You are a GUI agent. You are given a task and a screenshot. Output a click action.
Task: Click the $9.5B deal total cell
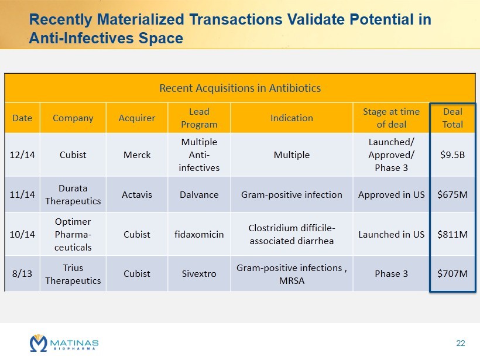(x=452, y=155)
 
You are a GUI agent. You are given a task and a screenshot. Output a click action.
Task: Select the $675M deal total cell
(x=452, y=194)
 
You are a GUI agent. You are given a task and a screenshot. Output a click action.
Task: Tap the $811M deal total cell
(x=452, y=234)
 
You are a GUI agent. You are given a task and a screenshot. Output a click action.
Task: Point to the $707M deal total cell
(x=452, y=273)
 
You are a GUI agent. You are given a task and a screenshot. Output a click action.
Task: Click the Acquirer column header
(x=137, y=118)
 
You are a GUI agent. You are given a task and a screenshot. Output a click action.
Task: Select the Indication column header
(x=292, y=118)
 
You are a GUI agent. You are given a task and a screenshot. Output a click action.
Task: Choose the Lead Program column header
(x=199, y=118)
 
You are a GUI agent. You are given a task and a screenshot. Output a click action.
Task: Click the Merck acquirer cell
(x=137, y=155)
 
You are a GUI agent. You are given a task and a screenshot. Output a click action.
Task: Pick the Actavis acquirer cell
(x=137, y=194)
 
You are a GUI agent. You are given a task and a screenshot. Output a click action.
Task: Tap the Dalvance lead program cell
(x=199, y=194)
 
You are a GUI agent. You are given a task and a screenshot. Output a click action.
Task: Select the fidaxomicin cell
(x=199, y=234)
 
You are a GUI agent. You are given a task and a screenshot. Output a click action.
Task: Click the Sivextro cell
(x=199, y=273)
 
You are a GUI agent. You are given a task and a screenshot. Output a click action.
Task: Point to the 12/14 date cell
(x=22, y=155)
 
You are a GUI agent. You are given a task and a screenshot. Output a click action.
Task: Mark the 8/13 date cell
(x=22, y=273)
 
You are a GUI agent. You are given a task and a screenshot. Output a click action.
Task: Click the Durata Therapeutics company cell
(x=73, y=194)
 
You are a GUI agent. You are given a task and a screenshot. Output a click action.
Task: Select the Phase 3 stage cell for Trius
(x=390, y=273)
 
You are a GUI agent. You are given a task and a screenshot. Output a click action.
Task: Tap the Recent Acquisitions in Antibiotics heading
(x=240, y=88)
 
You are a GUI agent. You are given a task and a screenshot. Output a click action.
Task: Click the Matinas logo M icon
(x=38, y=342)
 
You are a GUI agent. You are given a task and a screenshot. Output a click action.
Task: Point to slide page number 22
(x=460, y=342)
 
